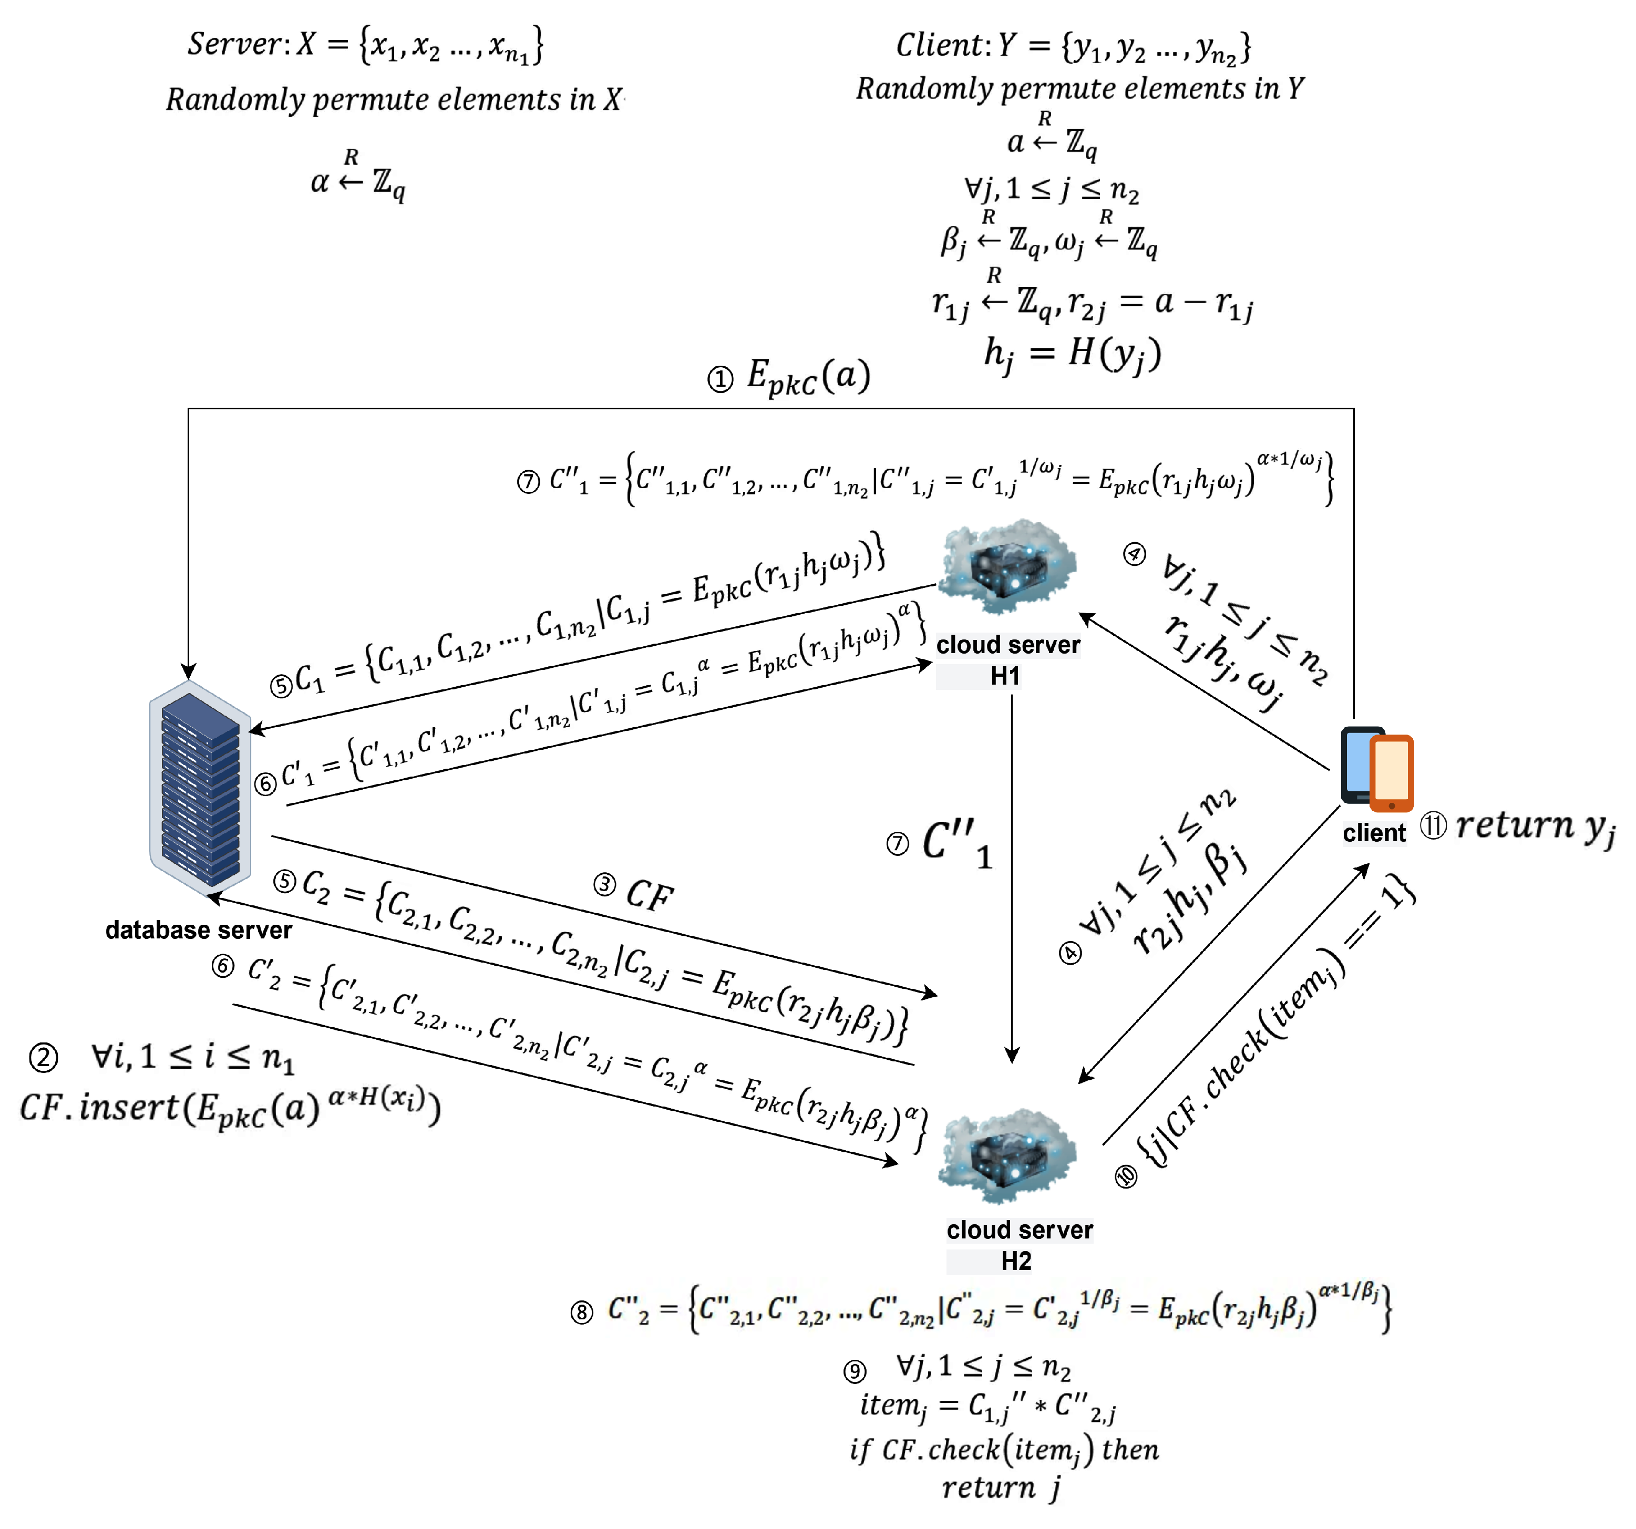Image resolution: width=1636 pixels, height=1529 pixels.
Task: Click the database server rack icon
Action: coord(200,788)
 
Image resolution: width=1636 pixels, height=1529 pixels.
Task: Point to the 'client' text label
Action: coord(1373,833)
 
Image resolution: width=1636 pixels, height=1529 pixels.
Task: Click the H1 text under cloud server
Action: coord(1005,676)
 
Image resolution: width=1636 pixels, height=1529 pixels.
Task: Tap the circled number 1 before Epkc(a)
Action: coord(720,379)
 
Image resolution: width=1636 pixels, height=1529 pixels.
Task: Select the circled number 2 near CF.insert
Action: coord(44,1058)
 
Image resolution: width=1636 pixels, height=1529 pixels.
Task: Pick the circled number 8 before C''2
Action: coord(582,1312)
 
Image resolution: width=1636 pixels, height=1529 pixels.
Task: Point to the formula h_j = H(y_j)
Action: coord(1072,354)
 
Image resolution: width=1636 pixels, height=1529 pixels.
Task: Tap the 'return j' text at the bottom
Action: coord(1001,1488)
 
